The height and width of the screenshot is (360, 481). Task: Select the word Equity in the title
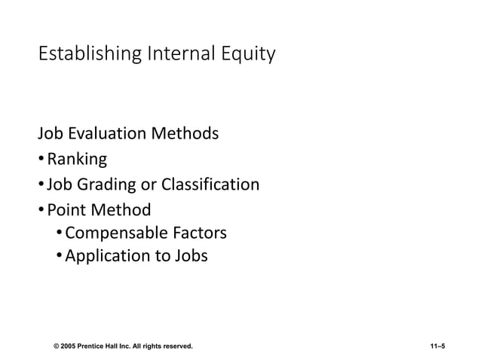pyautogui.click(x=248, y=55)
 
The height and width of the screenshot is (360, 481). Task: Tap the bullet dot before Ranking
pyautogui.click(x=41, y=160)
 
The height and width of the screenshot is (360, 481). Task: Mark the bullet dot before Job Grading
pyautogui.click(x=41, y=185)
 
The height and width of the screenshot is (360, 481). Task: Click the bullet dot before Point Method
pyautogui.click(x=41, y=210)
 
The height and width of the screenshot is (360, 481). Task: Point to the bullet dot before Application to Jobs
pyautogui.click(x=60, y=257)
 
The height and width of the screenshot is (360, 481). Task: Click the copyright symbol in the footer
pyautogui.click(x=57, y=346)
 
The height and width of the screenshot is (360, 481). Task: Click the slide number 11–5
pyautogui.click(x=434, y=346)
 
